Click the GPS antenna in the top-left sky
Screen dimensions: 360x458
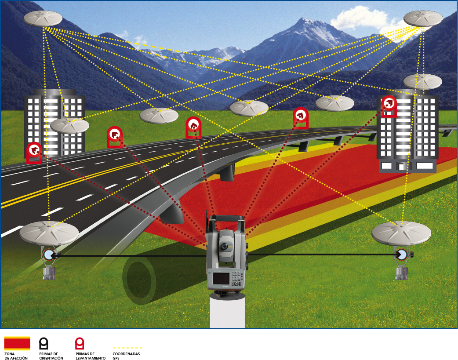point(43,18)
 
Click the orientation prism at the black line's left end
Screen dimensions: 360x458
point(48,254)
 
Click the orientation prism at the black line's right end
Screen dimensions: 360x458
point(400,254)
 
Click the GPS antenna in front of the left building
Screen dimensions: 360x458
point(69,126)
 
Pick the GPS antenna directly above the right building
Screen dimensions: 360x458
point(422,81)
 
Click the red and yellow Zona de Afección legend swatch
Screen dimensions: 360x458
point(17,343)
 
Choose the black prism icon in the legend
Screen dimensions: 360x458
point(44,343)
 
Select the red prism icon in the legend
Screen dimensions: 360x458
point(80,343)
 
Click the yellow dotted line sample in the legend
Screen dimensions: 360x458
point(127,348)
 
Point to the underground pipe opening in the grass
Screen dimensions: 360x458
point(140,280)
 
